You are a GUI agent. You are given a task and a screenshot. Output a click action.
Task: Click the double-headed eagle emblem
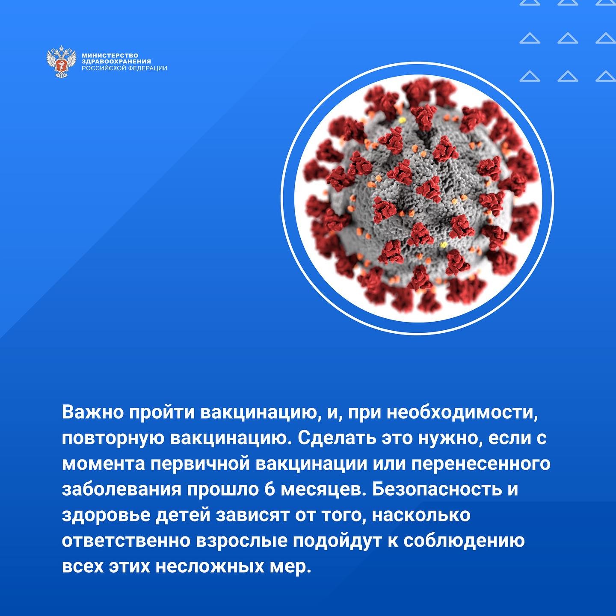coord(61,62)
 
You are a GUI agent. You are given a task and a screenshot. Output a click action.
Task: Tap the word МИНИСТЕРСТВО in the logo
coord(110,56)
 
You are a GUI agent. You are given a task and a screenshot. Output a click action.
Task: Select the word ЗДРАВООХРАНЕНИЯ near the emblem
coord(116,61)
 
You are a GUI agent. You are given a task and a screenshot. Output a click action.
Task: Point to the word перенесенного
coord(481,464)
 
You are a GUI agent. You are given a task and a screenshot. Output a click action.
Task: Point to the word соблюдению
coord(464,541)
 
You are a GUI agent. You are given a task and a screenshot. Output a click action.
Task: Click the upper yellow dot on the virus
coord(402,121)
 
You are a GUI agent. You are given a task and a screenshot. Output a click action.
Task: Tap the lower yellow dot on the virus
coord(443,245)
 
